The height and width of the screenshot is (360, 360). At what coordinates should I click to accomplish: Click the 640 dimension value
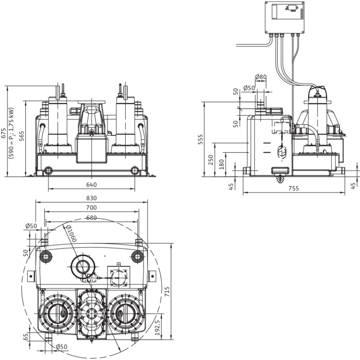[x=91, y=185]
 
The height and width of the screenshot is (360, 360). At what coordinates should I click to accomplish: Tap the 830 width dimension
[x=91, y=198]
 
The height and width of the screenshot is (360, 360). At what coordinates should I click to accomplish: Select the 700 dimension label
[x=91, y=207]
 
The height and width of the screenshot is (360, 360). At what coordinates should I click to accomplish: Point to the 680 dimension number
[x=91, y=217]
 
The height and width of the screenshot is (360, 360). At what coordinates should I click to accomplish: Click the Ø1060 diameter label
[x=71, y=234]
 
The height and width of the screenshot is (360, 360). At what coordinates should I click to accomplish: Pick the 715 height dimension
[x=167, y=291]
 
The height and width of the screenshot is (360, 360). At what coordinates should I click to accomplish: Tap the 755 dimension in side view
[x=294, y=189]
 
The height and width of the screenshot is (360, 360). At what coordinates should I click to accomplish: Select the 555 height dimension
[x=201, y=139]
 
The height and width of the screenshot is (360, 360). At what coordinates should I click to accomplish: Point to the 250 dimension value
[x=211, y=160]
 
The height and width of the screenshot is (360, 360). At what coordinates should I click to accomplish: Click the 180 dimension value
[x=221, y=164]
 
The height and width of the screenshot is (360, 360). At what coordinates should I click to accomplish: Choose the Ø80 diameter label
[x=261, y=77]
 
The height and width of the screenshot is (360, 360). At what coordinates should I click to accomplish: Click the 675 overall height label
[x=4, y=133]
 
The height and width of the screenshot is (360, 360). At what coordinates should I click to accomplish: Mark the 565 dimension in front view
[x=21, y=136]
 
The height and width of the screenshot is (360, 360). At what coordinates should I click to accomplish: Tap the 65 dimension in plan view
[x=26, y=336]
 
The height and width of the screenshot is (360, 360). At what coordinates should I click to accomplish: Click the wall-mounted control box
[x=285, y=18]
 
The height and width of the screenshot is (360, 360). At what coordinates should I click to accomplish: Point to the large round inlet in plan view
[x=83, y=266]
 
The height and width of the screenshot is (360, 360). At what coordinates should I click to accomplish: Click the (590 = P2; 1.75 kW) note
[x=11, y=133]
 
